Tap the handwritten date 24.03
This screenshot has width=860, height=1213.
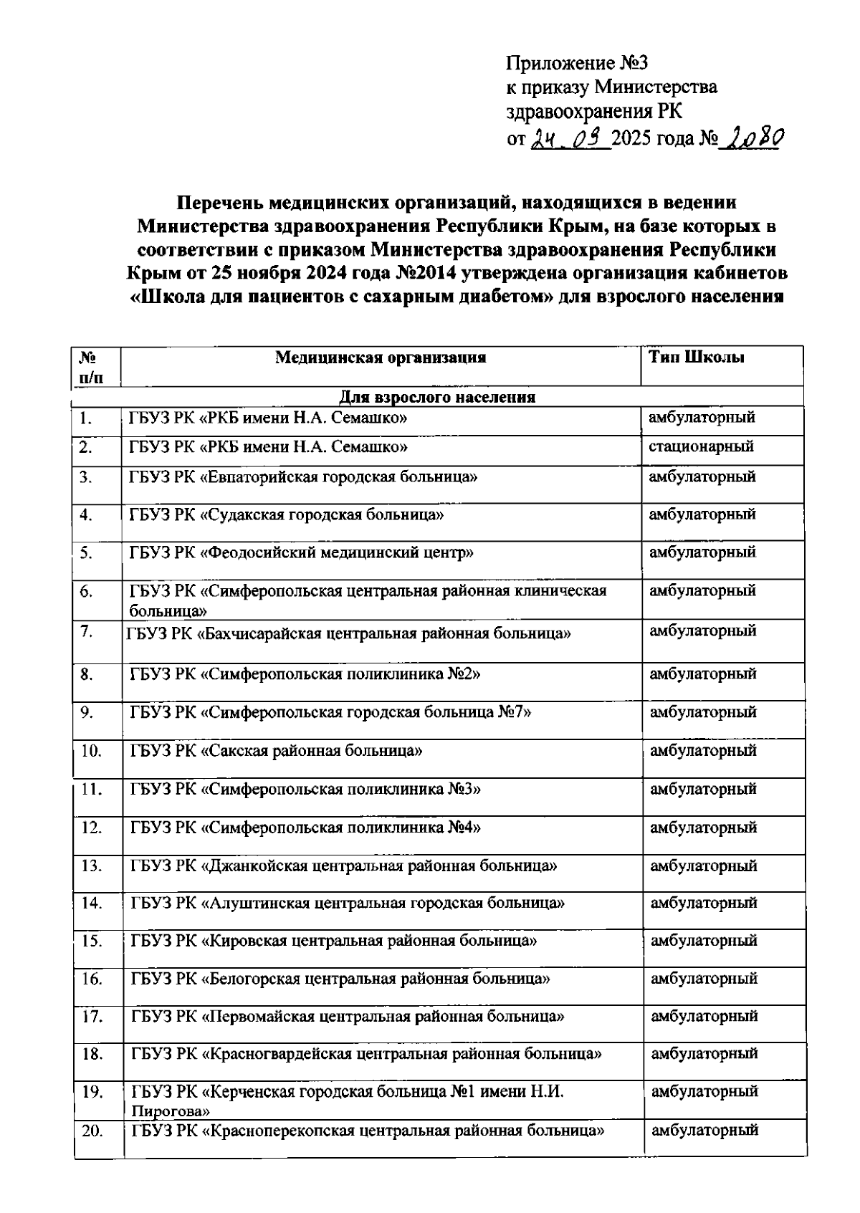click(x=570, y=137)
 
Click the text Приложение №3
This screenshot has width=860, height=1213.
click(x=577, y=63)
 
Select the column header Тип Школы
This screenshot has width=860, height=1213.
click(x=697, y=357)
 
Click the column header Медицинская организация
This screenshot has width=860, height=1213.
click(x=381, y=357)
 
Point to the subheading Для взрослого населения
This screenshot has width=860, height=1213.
click(x=437, y=397)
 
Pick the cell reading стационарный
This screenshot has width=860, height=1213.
click(x=701, y=446)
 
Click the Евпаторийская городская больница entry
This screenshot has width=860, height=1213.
click(x=303, y=477)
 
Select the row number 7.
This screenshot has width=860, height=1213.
click(x=87, y=631)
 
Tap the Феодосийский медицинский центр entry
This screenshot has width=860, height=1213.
click(x=301, y=552)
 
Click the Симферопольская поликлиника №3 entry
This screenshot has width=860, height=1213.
click(x=305, y=790)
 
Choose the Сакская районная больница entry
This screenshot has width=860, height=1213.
click(x=276, y=751)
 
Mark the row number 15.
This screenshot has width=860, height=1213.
click(x=92, y=941)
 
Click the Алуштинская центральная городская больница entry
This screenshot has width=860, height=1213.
click(x=348, y=903)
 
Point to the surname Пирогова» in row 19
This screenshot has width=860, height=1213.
click(x=170, y=1111)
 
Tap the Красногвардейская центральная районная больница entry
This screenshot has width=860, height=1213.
click(x=366, y=1054)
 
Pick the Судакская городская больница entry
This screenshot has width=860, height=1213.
click(x=291, y=514)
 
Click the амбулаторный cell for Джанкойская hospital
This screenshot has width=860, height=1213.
click(x=703, y=866)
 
